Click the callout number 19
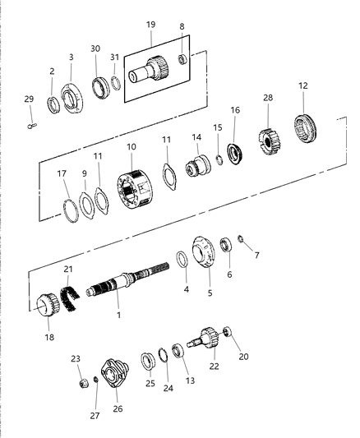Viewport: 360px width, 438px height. pos(150,25)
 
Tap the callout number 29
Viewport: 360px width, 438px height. pos(30,99)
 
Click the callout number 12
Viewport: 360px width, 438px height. pos(303,86)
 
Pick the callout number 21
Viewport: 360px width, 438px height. pos(68,270)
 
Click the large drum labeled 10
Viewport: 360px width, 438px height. pos(136,190)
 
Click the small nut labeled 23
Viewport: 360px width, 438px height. pos(82,384)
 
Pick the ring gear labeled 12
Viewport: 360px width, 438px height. pos(306,128)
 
